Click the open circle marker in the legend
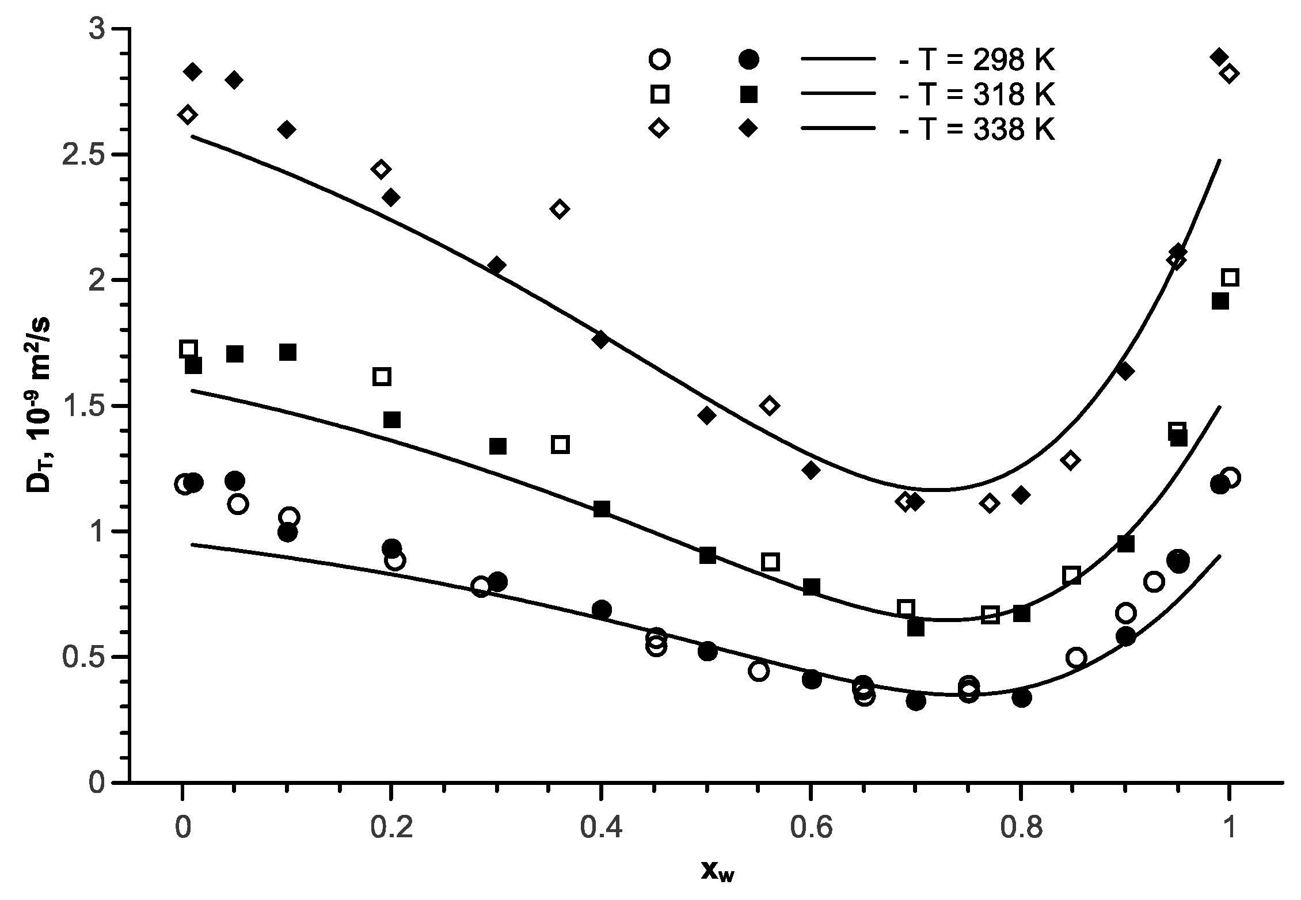659,59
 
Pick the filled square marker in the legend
748,94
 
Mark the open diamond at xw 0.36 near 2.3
560,209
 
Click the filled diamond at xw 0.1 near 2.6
287,129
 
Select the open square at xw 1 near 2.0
1229,278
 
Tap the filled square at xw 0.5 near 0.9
707,556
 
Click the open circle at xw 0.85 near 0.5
1075,657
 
